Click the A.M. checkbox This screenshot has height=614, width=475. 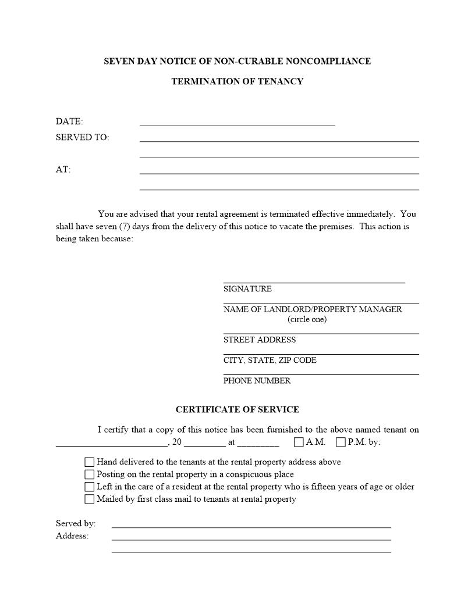pyautogui.click(x=299, y=442)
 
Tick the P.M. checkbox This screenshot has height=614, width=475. pyautogui.click(x=341, y=442)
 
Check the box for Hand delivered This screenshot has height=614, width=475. pyautogui.click(x=89, y=462)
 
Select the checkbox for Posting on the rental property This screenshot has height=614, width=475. pyautogui.click(x=89, y=474)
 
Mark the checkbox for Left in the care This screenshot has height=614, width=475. pyautogui.click(x=89, y=487)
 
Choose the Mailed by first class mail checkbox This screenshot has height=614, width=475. pyautogui.click(x=89, y=499)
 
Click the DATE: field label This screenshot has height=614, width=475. pyautogui.click(x=69, y=122)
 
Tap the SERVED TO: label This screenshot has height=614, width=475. pyautogui.click(x=82, y=138)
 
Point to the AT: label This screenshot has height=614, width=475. pyautogui.click(x=63, y=170)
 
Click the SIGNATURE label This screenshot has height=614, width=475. pyautogui.click(x=247, y=289)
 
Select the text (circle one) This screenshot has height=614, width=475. pyautogui.click(x=307, y=319)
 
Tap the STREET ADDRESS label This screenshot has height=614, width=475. pyautogui.click(x=260, y=340)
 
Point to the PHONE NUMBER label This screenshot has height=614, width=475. pyautogui.click(x=257, y=381)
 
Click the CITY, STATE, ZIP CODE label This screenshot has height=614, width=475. pyautogui.click(x=270, y=360)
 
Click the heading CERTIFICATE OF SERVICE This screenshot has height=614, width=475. pyautogui.click(x=237, y=409)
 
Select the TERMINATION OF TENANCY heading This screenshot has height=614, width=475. pyautogui.click(x=237, y=81)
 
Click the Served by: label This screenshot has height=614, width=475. pyautogui.click(x=76, y=523)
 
